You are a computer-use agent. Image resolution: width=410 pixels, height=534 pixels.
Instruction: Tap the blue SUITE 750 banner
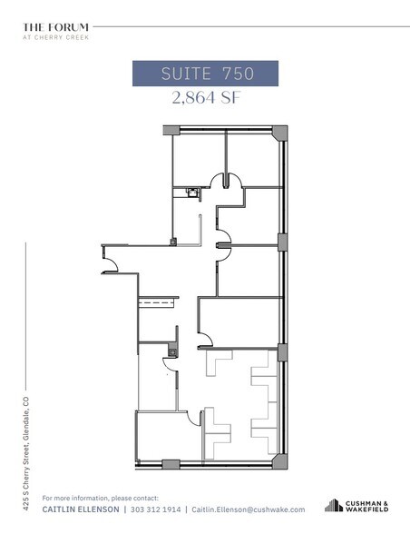coord(205,73)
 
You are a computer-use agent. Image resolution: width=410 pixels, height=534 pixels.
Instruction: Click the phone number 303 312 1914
coord(155,510)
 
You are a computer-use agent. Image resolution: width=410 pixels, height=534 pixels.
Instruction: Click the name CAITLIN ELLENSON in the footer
coord(81,510)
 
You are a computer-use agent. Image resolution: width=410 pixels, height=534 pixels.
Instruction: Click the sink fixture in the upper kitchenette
coord(191,192)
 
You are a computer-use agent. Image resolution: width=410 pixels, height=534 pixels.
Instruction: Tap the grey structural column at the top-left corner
coord(169,131)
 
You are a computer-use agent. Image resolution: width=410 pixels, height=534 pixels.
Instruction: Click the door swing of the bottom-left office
coord(192,418)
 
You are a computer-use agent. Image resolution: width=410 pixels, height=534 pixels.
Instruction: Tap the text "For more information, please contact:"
coord(100,498)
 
